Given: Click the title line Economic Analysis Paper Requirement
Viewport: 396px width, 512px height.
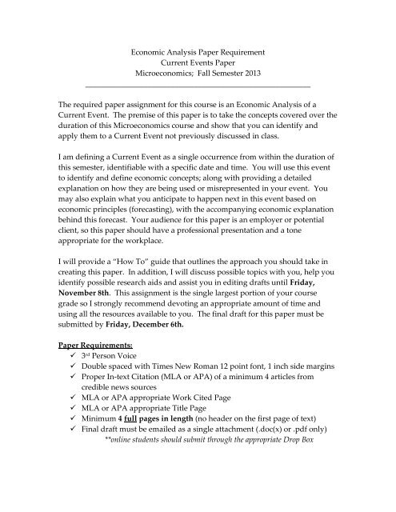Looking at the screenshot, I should [x=197, y=53].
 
